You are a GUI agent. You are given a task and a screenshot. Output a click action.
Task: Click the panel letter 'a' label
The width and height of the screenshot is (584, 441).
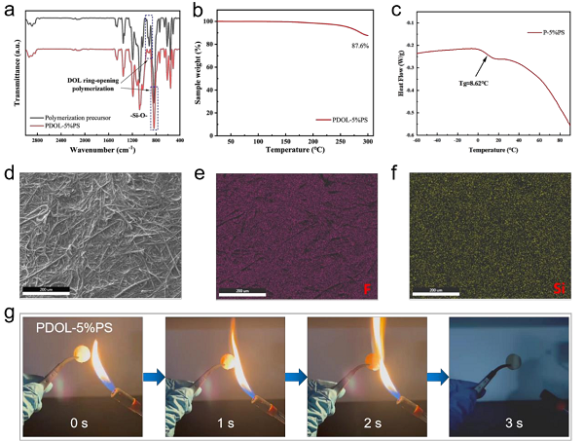8,10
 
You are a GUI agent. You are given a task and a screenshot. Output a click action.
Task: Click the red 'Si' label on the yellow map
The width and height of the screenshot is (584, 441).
559,288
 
